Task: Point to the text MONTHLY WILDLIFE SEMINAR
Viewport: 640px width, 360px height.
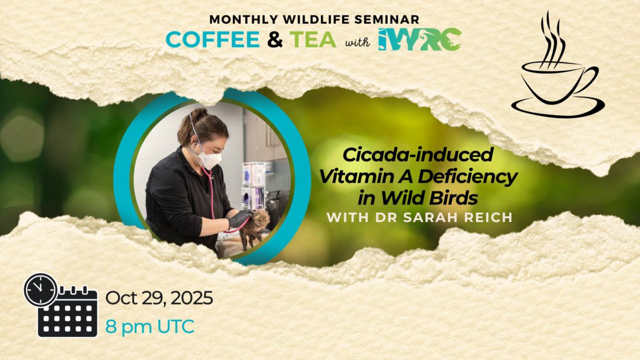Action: (314, 19)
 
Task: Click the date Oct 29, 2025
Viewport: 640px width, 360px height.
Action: (159, 298)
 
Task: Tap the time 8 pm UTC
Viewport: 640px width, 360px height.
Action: (150, 326)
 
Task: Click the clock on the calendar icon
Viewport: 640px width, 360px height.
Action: (40, 290)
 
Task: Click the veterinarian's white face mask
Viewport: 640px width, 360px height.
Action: (210, 158)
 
